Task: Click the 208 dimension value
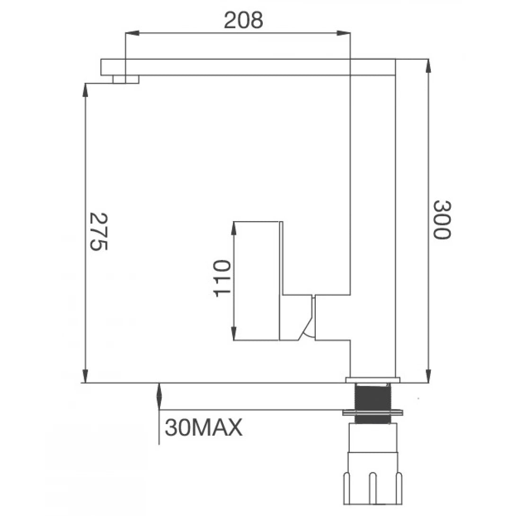coord(243,20)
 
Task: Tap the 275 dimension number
coord(99,231)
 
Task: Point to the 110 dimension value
coord(222,278)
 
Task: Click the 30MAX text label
coord(204,428)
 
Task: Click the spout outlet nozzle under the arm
coord(126,79)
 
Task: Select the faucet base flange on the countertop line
coord(373,380)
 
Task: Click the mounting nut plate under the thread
coord(373,412)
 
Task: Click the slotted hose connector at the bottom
coord(374,478)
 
